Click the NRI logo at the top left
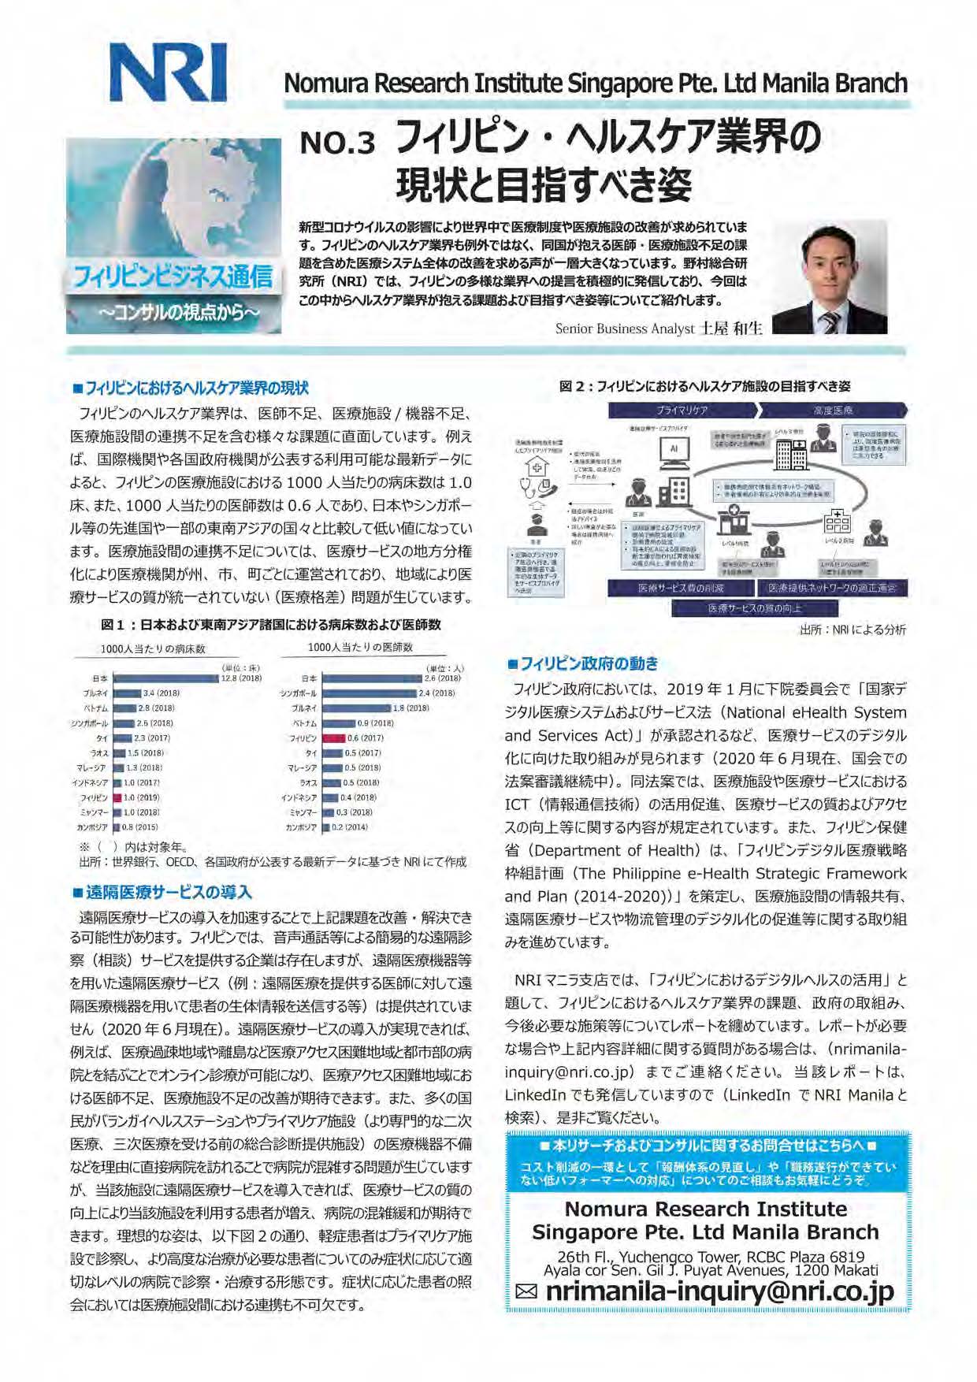click(x=168, y=72)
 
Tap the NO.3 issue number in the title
click(x=338, y=142)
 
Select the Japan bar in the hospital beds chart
click(x=165, y=678)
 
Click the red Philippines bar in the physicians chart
click(x=334, y=738)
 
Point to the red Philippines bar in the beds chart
click(x=117, y=797)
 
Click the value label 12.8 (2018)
click(x=241, y=678)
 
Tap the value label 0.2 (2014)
click(x=349, y=827)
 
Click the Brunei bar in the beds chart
click(x=127, y=693)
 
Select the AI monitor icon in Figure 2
click(x=674, y=450)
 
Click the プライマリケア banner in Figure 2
click(x=682, y=411)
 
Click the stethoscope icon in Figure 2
click(x=536, y=489)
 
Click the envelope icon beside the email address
click(x=526, y=1291)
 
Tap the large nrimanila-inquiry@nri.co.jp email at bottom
click(x=719, y=1291)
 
